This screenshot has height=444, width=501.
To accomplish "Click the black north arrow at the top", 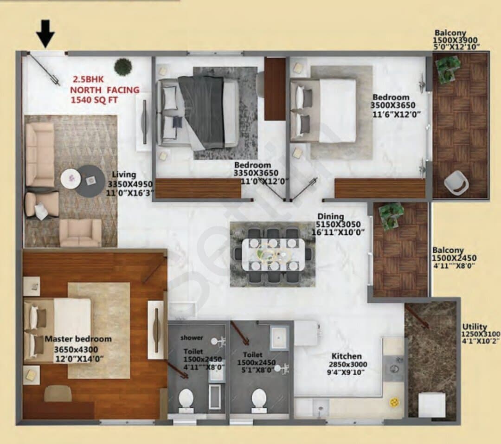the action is coord(45,33).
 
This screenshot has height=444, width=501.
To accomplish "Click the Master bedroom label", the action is coord(78,339).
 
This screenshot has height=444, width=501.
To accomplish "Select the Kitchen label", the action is coord(347,356).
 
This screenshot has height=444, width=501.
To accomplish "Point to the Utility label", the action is coord(475,327).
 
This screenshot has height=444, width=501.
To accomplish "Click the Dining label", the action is coord(330,217).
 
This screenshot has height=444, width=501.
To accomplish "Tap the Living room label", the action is coord(124,174).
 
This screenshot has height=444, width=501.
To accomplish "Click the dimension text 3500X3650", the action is coord(393,105).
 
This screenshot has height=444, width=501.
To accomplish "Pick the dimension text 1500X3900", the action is coord(455,40).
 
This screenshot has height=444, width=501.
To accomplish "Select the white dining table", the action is coord(273,255).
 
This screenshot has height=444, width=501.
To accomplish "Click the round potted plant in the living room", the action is coord(123,67).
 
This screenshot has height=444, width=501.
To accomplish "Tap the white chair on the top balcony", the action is coord(456,182).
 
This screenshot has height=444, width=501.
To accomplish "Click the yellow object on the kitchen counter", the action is coord(394,402).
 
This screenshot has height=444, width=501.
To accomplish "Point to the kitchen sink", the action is coord(394,369).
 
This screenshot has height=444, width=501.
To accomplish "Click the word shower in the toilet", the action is coord(192,338).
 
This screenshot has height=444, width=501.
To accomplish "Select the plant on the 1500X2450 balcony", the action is coord(391,216).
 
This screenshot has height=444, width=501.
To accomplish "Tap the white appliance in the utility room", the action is coord(432,405).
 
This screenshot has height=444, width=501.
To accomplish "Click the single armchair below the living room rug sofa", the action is coord(81,233).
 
